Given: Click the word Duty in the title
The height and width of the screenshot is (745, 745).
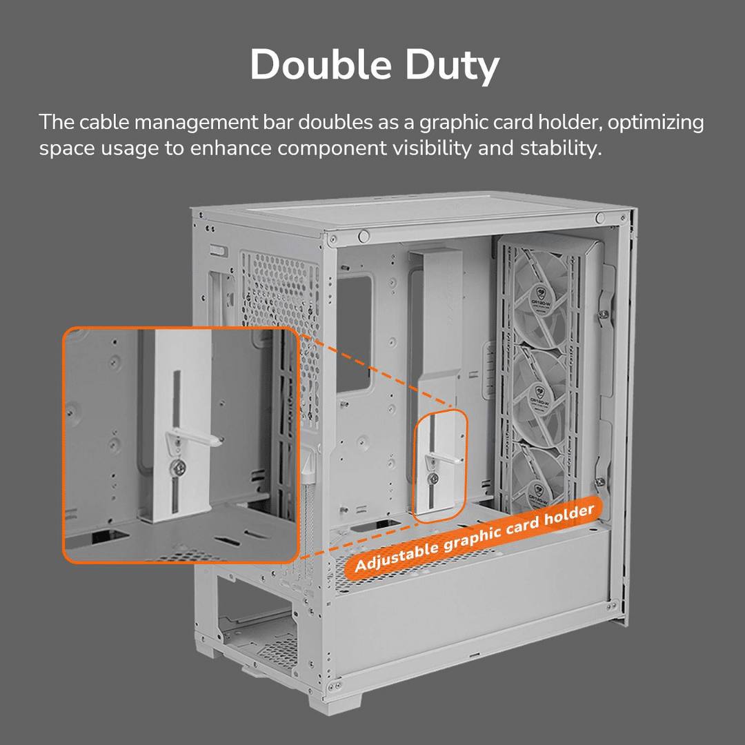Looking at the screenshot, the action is click(452, 66).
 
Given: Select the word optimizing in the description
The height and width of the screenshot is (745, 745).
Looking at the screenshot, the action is click(656, 123).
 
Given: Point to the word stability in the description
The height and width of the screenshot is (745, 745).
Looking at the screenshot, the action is click(561, 148).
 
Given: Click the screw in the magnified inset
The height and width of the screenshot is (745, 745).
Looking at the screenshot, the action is click(178, 466).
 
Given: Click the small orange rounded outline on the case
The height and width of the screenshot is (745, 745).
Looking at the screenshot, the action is click(440, 466).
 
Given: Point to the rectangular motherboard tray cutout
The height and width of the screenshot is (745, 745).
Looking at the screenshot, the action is click(354, 334).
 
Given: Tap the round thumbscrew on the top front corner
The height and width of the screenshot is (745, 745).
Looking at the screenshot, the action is click(364, 236).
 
